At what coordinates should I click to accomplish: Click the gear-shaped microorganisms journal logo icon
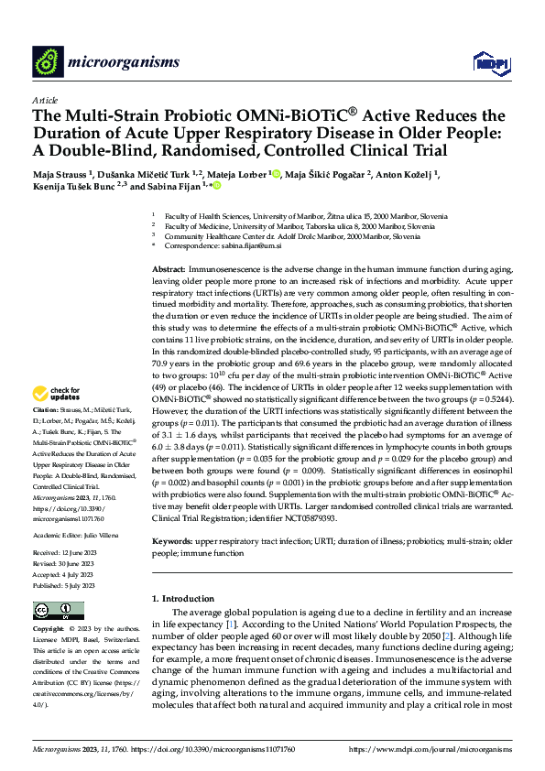click(48, 62)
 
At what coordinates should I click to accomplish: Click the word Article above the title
click(45, 100)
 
